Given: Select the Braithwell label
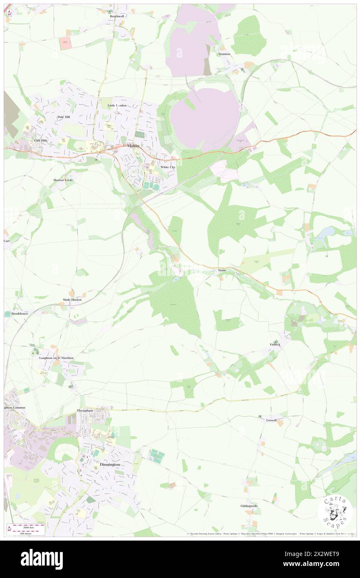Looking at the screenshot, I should pos(117,16).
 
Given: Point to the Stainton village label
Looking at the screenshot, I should pos(224,54).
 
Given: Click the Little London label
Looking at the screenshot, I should pos(117,106).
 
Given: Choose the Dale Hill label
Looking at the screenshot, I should pos(64,117).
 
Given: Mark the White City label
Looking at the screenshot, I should pos(168,167).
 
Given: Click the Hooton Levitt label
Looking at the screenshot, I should pos(63,180).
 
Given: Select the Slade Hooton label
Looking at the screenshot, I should pos(72,299).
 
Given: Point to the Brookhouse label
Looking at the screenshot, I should pos(20,314).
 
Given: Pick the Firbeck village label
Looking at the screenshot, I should pos(274,344).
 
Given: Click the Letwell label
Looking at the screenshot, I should pos(271,420).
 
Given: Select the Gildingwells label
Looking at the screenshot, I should pos(249,506).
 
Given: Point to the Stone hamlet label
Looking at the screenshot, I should pos(222,270).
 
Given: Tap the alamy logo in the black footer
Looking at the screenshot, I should pos(42,559).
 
